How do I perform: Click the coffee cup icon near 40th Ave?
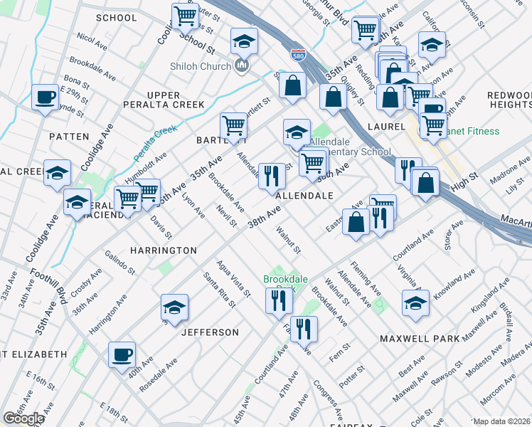click(122, 354)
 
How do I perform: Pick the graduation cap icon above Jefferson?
click(174, 307)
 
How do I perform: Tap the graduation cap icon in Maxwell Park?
click(416, 302)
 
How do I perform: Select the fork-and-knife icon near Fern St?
click(304, 328)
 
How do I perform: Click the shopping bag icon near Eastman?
click(356, 221)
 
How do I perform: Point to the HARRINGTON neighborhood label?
click(163, 251)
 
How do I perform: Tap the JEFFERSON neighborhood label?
click(210, 332)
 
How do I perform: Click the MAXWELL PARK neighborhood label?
click(419, 339)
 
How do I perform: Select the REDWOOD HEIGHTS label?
click(509, 100)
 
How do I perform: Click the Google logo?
click(23, 418)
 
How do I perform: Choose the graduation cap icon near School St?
click(243, 42)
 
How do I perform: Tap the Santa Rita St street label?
click(218, 290)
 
